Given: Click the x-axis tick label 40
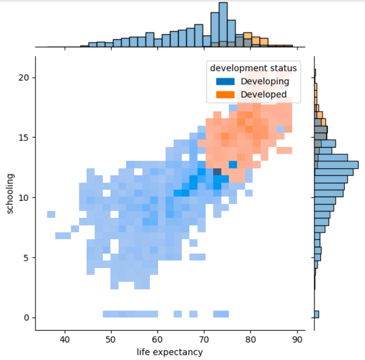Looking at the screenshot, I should [65, 339].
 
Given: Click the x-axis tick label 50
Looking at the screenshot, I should [111, 339].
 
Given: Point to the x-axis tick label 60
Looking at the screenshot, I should [158, 339].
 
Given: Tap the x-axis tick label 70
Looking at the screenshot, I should [204, 339].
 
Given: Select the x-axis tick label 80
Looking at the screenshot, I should [251, 339].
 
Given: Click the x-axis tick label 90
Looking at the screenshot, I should [297, 339].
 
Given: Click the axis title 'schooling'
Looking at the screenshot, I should [10, 193].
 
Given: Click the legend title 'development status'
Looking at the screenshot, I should [253, 68].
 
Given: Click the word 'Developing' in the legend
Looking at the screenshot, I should [265, 82].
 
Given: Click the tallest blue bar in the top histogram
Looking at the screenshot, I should [223, 25].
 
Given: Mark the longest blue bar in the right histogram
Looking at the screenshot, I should [336, 164].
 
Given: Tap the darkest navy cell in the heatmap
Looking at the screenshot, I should [217, 172].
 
